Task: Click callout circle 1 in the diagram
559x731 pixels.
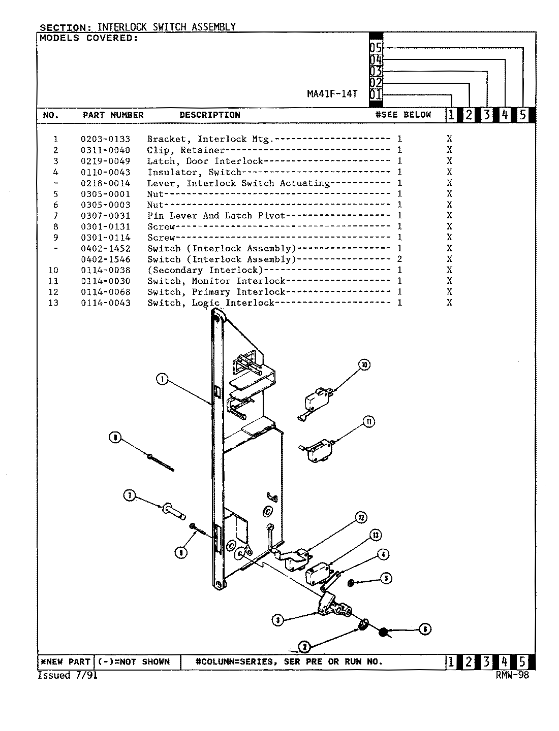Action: pyautogui.click(x=162, y=379)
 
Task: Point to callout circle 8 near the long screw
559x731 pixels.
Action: pyautogui.click(x=116, y=438)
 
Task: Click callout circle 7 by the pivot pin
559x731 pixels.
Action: pyautogui.click(x=130, y=496)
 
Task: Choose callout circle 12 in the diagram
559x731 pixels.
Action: pyautogui.click(x=360, y=517)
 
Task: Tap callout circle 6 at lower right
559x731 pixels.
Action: pyautogui.click(x=425, y=629)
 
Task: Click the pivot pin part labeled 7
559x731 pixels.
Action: pyautogui.click(x=173, y=509)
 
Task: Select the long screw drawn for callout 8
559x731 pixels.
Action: pyautogui.click(x=160, y=462)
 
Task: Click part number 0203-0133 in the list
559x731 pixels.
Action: pyautogui.click(x=105, y=139)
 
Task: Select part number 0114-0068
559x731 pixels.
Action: pyautogui.click(x=105, y=292)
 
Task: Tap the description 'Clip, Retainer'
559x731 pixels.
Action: pyautogui.click(x=186, y=150)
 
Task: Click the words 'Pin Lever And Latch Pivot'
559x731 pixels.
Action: pyautogui.click(x=216, y=216)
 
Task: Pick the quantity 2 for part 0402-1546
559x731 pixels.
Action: pyautogui.click(x=400, y=259)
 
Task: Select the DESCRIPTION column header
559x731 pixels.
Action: pyautogui.click(x=209, y=115)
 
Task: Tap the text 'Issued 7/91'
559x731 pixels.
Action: pyautogui.click(x=68, y=675)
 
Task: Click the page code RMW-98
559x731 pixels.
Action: pyautogui.click(x=512, y=675)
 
